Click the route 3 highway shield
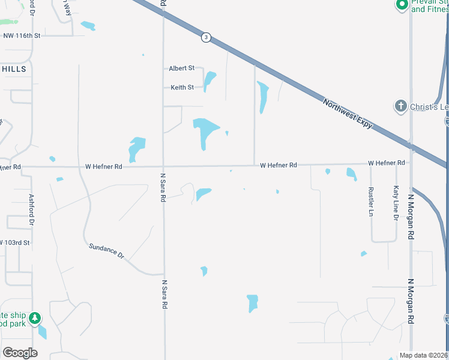[206, 37]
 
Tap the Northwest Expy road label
[348, 113]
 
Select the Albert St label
[182, 68]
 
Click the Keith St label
[182, 87]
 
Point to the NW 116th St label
[22, 36]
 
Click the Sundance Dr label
[106, 251]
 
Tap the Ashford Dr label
[32, 209]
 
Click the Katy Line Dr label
[396, 203]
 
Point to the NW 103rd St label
[14, 242]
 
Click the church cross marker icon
[401, 107]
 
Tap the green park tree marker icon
[35, 317]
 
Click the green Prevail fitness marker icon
[402, 5]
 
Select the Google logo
[20, 353]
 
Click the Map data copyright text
[424, 355]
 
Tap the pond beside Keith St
[209, 81]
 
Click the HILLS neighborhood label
[14, 70]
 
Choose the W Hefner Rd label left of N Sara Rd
[103, 166]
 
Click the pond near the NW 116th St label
[88, 26]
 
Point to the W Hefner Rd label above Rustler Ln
[386, 163]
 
